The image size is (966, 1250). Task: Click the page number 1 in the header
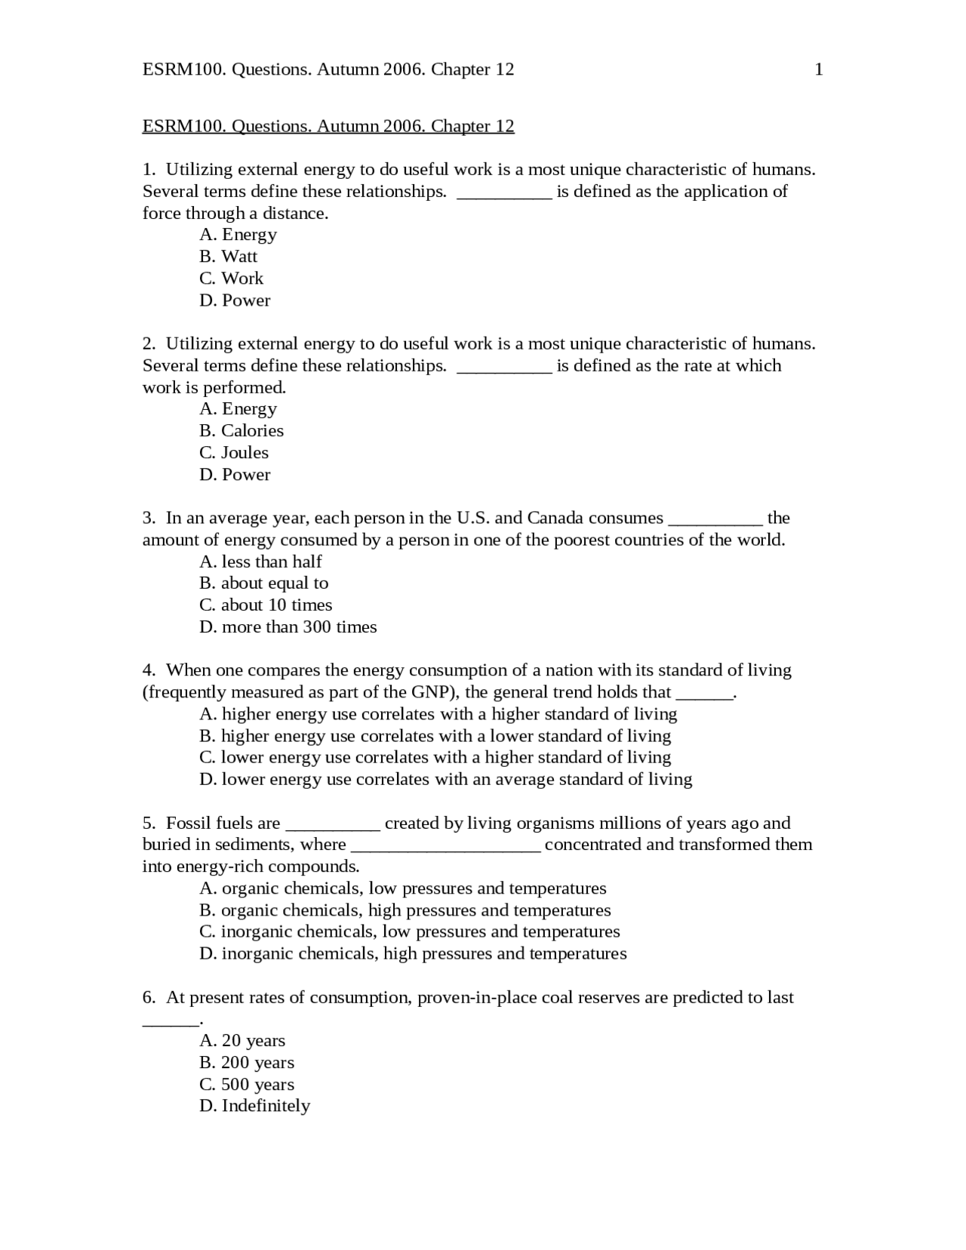tap(819, 70)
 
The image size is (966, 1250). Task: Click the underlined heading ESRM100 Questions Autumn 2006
tap(328, 126)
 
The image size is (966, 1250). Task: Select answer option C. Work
tap(231, 279)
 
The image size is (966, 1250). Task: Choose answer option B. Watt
tap(228, 257)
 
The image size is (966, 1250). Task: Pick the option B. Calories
tap(241, 431)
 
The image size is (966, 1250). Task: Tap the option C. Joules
tap(234, 453)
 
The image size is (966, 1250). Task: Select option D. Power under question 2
tap(235, 475)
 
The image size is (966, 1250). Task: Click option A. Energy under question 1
tap(238, 235)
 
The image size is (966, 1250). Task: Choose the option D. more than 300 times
tap(288, 627)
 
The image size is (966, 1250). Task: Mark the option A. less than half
tap(260, 562)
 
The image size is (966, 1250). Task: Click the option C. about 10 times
tap(266, 605)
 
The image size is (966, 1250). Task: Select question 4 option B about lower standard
tap(435, 736)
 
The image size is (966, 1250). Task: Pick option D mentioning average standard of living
tap(445, 780)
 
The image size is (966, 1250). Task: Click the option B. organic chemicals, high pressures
tap(405, 911)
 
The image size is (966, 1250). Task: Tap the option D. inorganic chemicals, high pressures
tap(413, 954)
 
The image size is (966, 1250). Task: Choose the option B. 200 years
tap(247, 1063)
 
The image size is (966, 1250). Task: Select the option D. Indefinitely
tap(254, 1107)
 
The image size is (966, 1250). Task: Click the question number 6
tap(149, 998)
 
